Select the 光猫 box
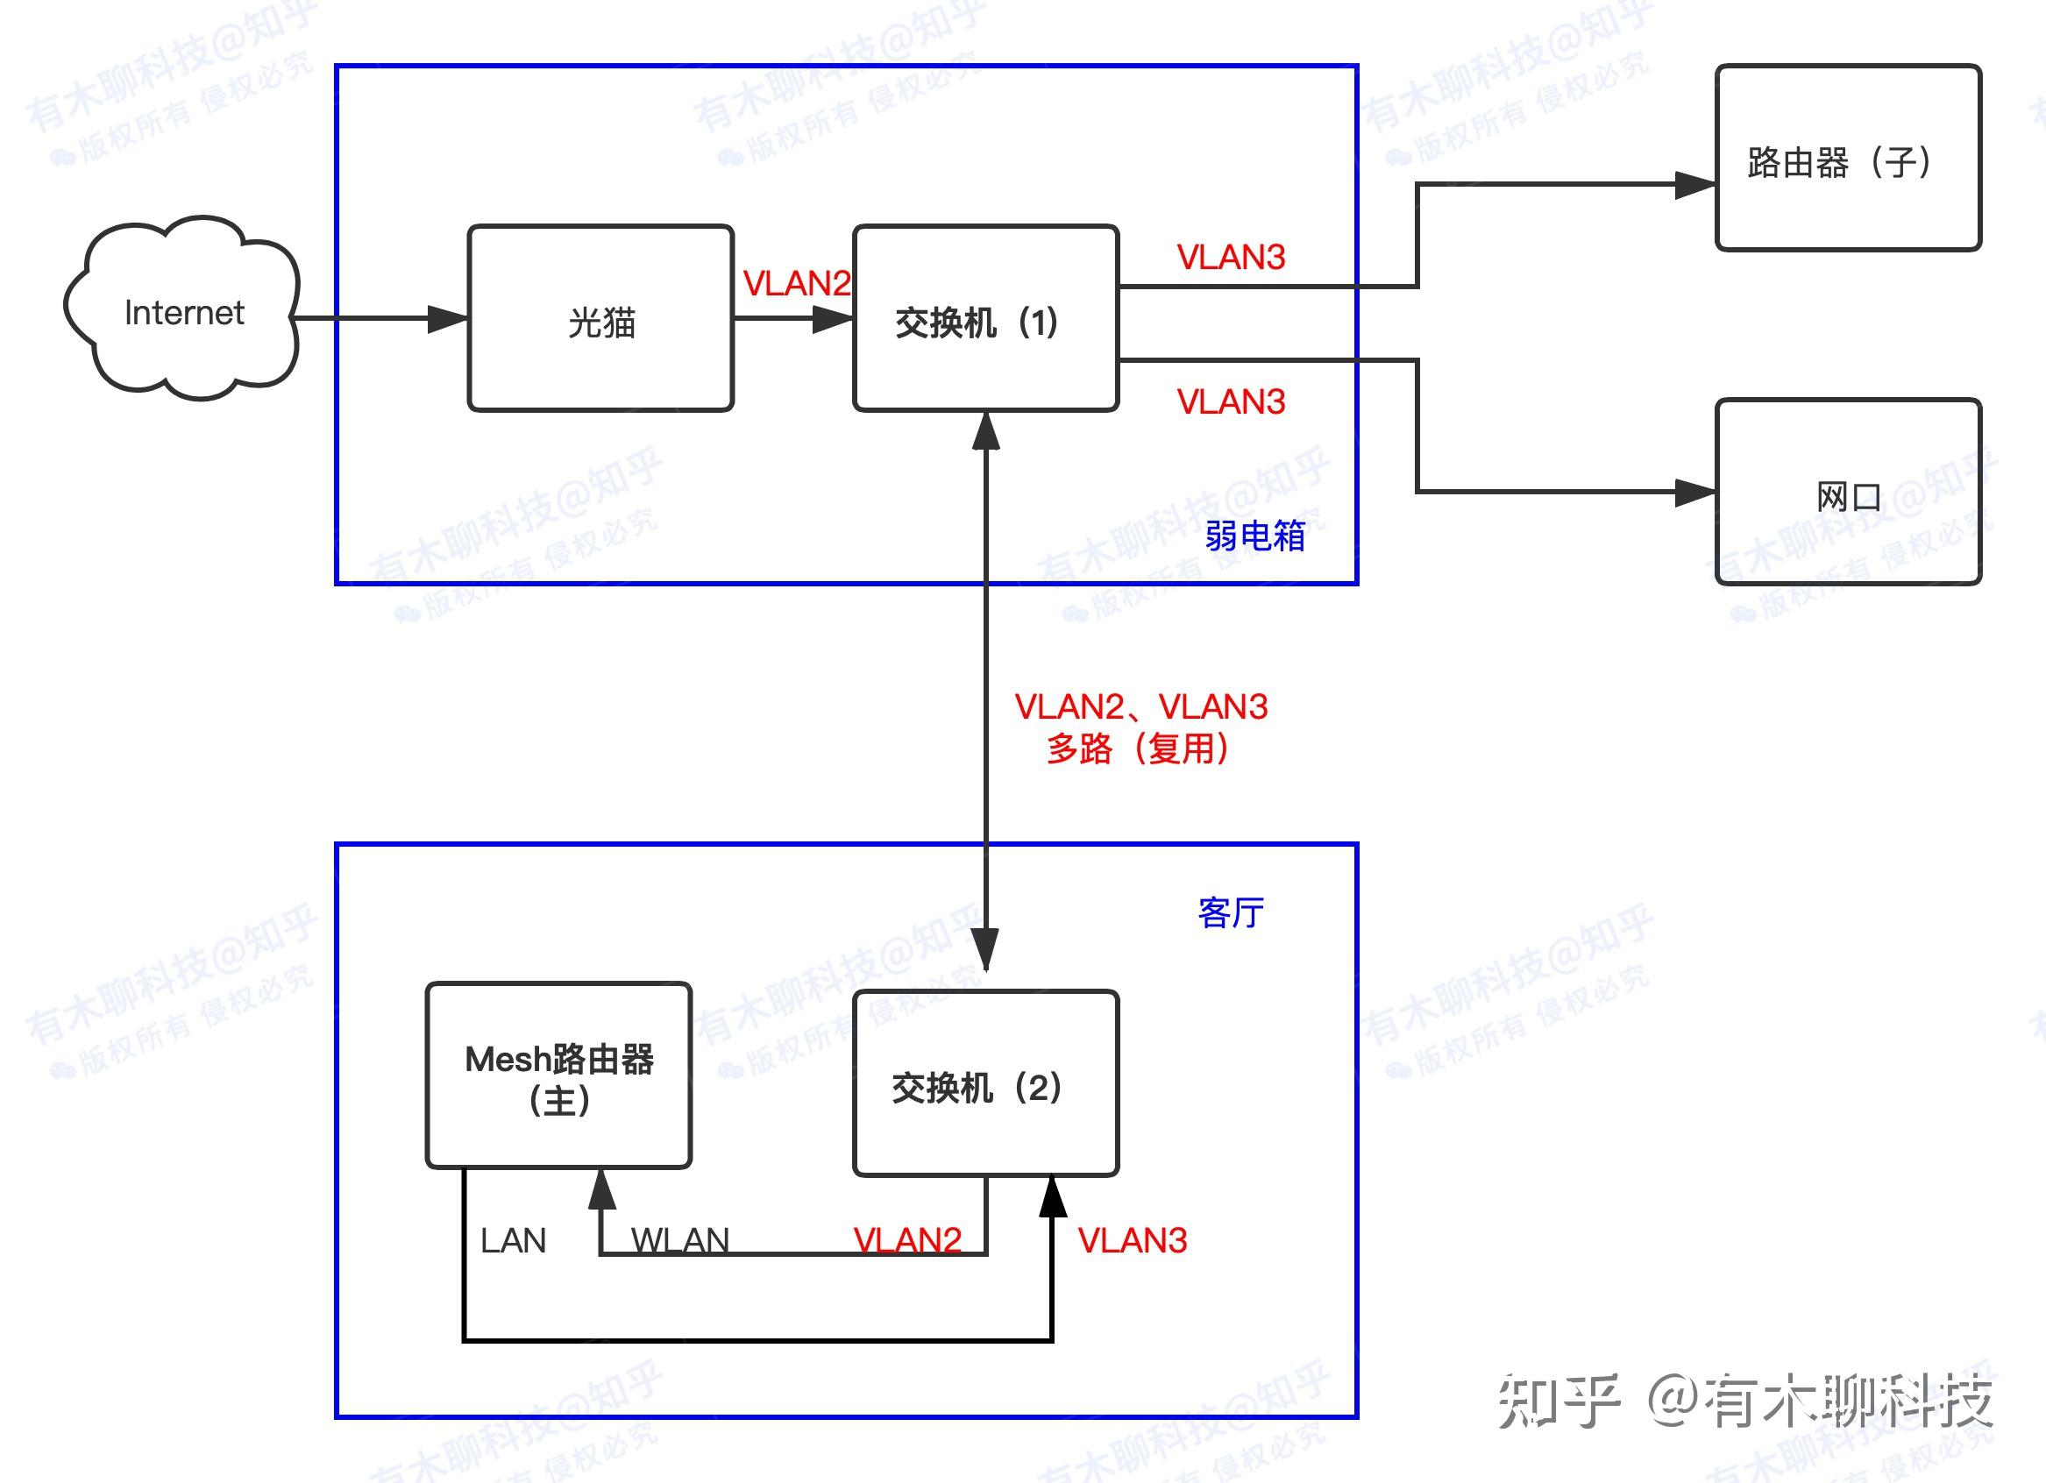[x=600, y=319]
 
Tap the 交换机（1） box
[x=985, y=319]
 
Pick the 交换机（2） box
[x=985, y=1084]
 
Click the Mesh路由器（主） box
[x=558, y=1076]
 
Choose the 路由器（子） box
[x=1848, y=159]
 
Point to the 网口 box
[x=1848, y=493]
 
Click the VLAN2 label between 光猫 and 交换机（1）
[x=796, y=284]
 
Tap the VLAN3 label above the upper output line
[x=1231, y=258]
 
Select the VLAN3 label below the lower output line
[x=1231, y=402]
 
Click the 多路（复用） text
[x=1139, y=749]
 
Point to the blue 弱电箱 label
[x=1254, y=536]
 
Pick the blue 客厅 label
[x=1231, y=913]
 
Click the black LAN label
[x=513, y=1241]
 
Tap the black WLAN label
[x=679, y=1241]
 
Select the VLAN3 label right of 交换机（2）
[x=1133, y=1241]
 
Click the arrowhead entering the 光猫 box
[x=447, y=318]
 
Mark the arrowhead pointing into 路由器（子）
[x=1694, y=186]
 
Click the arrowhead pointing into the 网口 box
[x=1694, y=493]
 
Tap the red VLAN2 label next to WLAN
[x=906, y=1241]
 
